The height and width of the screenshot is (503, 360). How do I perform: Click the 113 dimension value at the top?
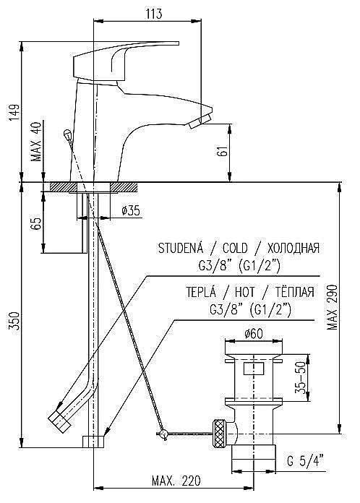(153, 14)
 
